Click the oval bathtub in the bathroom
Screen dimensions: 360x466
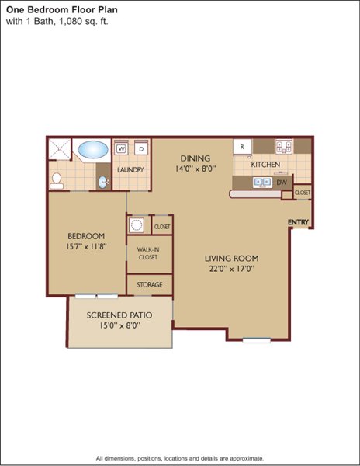pos(92,149)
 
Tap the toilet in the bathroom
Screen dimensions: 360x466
pos(57,181)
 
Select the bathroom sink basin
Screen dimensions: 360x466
pos(102,182)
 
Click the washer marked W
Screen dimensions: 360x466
pos(121,148)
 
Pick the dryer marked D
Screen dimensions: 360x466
pos(141,148)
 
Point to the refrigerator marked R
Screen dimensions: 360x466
pos(242,147)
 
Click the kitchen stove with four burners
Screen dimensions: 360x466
pos(284,146)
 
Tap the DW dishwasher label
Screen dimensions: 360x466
pos(282,183)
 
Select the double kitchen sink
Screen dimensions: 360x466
pos(263,182)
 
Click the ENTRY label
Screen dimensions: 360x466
pos(298,222)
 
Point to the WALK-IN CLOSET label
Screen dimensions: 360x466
pos(147,253)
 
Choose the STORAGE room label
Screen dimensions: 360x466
pos(150,285)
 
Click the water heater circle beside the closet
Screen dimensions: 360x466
pos(137,224)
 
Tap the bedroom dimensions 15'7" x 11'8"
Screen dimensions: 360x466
pos(86,246)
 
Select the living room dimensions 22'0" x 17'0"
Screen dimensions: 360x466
pos(232,269)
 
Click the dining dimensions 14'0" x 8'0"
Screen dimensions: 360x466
pos(196,169)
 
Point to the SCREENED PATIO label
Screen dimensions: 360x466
pos(119,315)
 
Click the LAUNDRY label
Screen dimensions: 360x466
pos(130,169)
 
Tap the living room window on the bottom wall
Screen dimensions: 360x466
pos(256,340)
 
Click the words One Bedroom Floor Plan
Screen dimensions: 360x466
pos(62,10)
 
